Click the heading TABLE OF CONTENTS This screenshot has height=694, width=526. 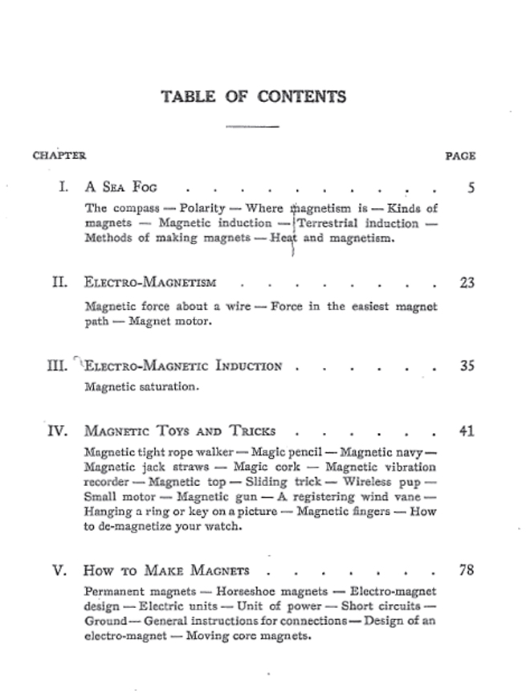click(x=254, y=97)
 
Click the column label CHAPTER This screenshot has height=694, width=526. click(x=59, y=156)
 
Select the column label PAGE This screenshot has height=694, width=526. click(x=460, y=156)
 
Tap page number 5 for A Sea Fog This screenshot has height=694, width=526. click(x=471, y=189)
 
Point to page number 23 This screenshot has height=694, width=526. click(x=467, y=283)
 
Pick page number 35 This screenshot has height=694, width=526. click(x=467, y=366)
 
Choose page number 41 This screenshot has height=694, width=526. click(x=467, y=431)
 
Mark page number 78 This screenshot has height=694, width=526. click(x=467, y=571)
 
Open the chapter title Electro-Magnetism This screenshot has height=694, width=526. click(x=149, y=283)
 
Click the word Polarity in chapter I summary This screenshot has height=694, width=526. click(x=198, y=208)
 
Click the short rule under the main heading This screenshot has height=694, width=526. click(x=252, y=126)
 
